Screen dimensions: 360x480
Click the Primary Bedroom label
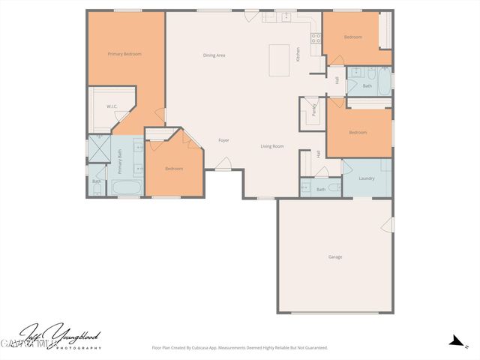coord(124,54)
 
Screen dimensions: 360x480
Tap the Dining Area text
coord(214,55)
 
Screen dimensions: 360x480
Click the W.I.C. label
coord(112,106)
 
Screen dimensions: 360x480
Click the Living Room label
coord(271,146)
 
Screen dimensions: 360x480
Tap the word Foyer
coord(223,140)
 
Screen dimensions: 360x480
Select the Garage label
coord(334,257)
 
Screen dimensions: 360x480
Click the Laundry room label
coord(367,178)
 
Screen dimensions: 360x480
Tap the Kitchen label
coord(298,54)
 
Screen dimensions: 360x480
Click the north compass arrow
coord(454,341)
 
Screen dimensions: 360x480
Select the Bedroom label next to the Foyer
coord(174,169)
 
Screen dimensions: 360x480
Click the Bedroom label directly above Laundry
coord(358,133)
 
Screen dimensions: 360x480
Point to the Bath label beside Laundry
coord(321,190)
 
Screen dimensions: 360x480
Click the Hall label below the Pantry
coord(318,154)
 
